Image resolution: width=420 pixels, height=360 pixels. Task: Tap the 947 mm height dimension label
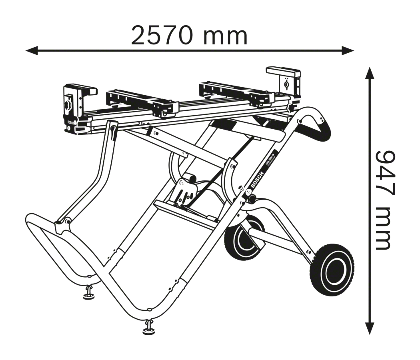click(x=383, y=200)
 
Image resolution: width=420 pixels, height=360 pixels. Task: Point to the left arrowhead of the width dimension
click(x=31, y=51)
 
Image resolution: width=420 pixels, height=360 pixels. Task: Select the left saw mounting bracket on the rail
click(x=140, y=102)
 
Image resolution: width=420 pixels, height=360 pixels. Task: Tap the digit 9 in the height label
click(x=384, y=160)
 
